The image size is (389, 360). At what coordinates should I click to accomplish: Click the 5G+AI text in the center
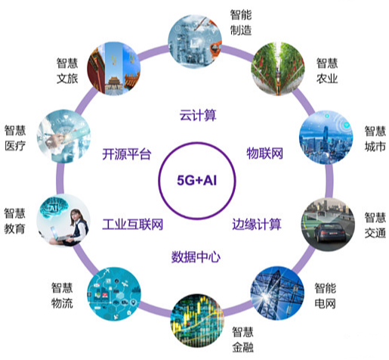point(196,180)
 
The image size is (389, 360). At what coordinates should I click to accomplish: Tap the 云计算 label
point(198,115)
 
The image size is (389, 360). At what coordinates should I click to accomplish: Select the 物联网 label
point(264,154)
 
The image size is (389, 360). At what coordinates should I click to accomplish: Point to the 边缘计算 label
point(257,224)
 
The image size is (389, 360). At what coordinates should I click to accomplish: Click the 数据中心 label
point(196,257)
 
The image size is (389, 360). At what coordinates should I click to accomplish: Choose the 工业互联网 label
point(132,224)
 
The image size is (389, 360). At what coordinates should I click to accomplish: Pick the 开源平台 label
point(126,154)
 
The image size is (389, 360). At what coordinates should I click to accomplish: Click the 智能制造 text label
point(241,23)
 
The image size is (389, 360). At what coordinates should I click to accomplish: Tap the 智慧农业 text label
point(327,70)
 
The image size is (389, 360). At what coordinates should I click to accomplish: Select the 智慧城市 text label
point(375,138)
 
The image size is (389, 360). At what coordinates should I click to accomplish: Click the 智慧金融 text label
point(242,340)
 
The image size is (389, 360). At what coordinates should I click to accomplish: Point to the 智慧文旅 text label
point(67,70)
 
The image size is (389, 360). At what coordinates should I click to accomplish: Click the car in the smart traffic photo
point(329,232)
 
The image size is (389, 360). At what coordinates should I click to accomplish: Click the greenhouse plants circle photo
point(278,69)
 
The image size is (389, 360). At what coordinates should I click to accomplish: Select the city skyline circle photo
point(326,137)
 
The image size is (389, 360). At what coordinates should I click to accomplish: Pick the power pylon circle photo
point(277,293)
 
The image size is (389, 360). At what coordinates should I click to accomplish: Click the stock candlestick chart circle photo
point(197,321)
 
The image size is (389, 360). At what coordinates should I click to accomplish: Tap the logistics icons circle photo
point(114,294)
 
